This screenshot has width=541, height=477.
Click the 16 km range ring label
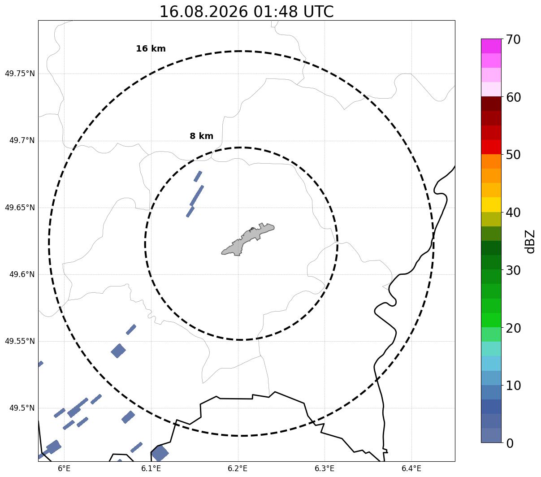[151, 48]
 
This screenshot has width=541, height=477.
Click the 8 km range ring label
[201, 136]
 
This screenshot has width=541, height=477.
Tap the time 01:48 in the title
[275, 12]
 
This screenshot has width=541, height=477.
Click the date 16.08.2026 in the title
[204, 12]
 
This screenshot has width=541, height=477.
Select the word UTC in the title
[318, 12]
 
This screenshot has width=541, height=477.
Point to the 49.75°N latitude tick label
[20, 74]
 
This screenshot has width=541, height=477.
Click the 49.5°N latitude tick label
[22, 408]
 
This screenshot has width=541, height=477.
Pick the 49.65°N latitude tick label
[20, 207]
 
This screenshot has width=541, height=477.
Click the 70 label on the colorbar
[513, 39]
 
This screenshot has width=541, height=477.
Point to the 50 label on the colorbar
[513, 155]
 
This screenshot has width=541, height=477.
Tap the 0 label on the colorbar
[510, 443]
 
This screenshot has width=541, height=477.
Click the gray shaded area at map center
[248, 239]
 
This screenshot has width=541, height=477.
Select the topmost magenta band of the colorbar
[491, 46]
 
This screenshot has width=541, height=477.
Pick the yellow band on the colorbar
[491, 204]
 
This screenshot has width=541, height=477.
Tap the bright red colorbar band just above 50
[491, 147]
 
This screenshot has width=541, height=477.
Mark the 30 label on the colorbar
[513, 270]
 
